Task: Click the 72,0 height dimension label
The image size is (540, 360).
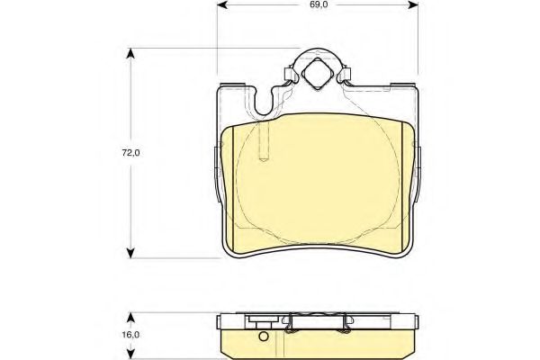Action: click(x=131, y=152)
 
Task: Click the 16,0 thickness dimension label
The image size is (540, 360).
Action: click(x=131, y=334)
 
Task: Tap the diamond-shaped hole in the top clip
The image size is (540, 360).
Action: click(x=317, y=71)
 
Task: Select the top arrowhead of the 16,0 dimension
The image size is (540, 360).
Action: click(x=131, y=316)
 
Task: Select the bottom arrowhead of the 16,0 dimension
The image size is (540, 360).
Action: click(x=131, y=355)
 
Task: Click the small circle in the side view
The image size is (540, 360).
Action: click(x=263, y=338)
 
